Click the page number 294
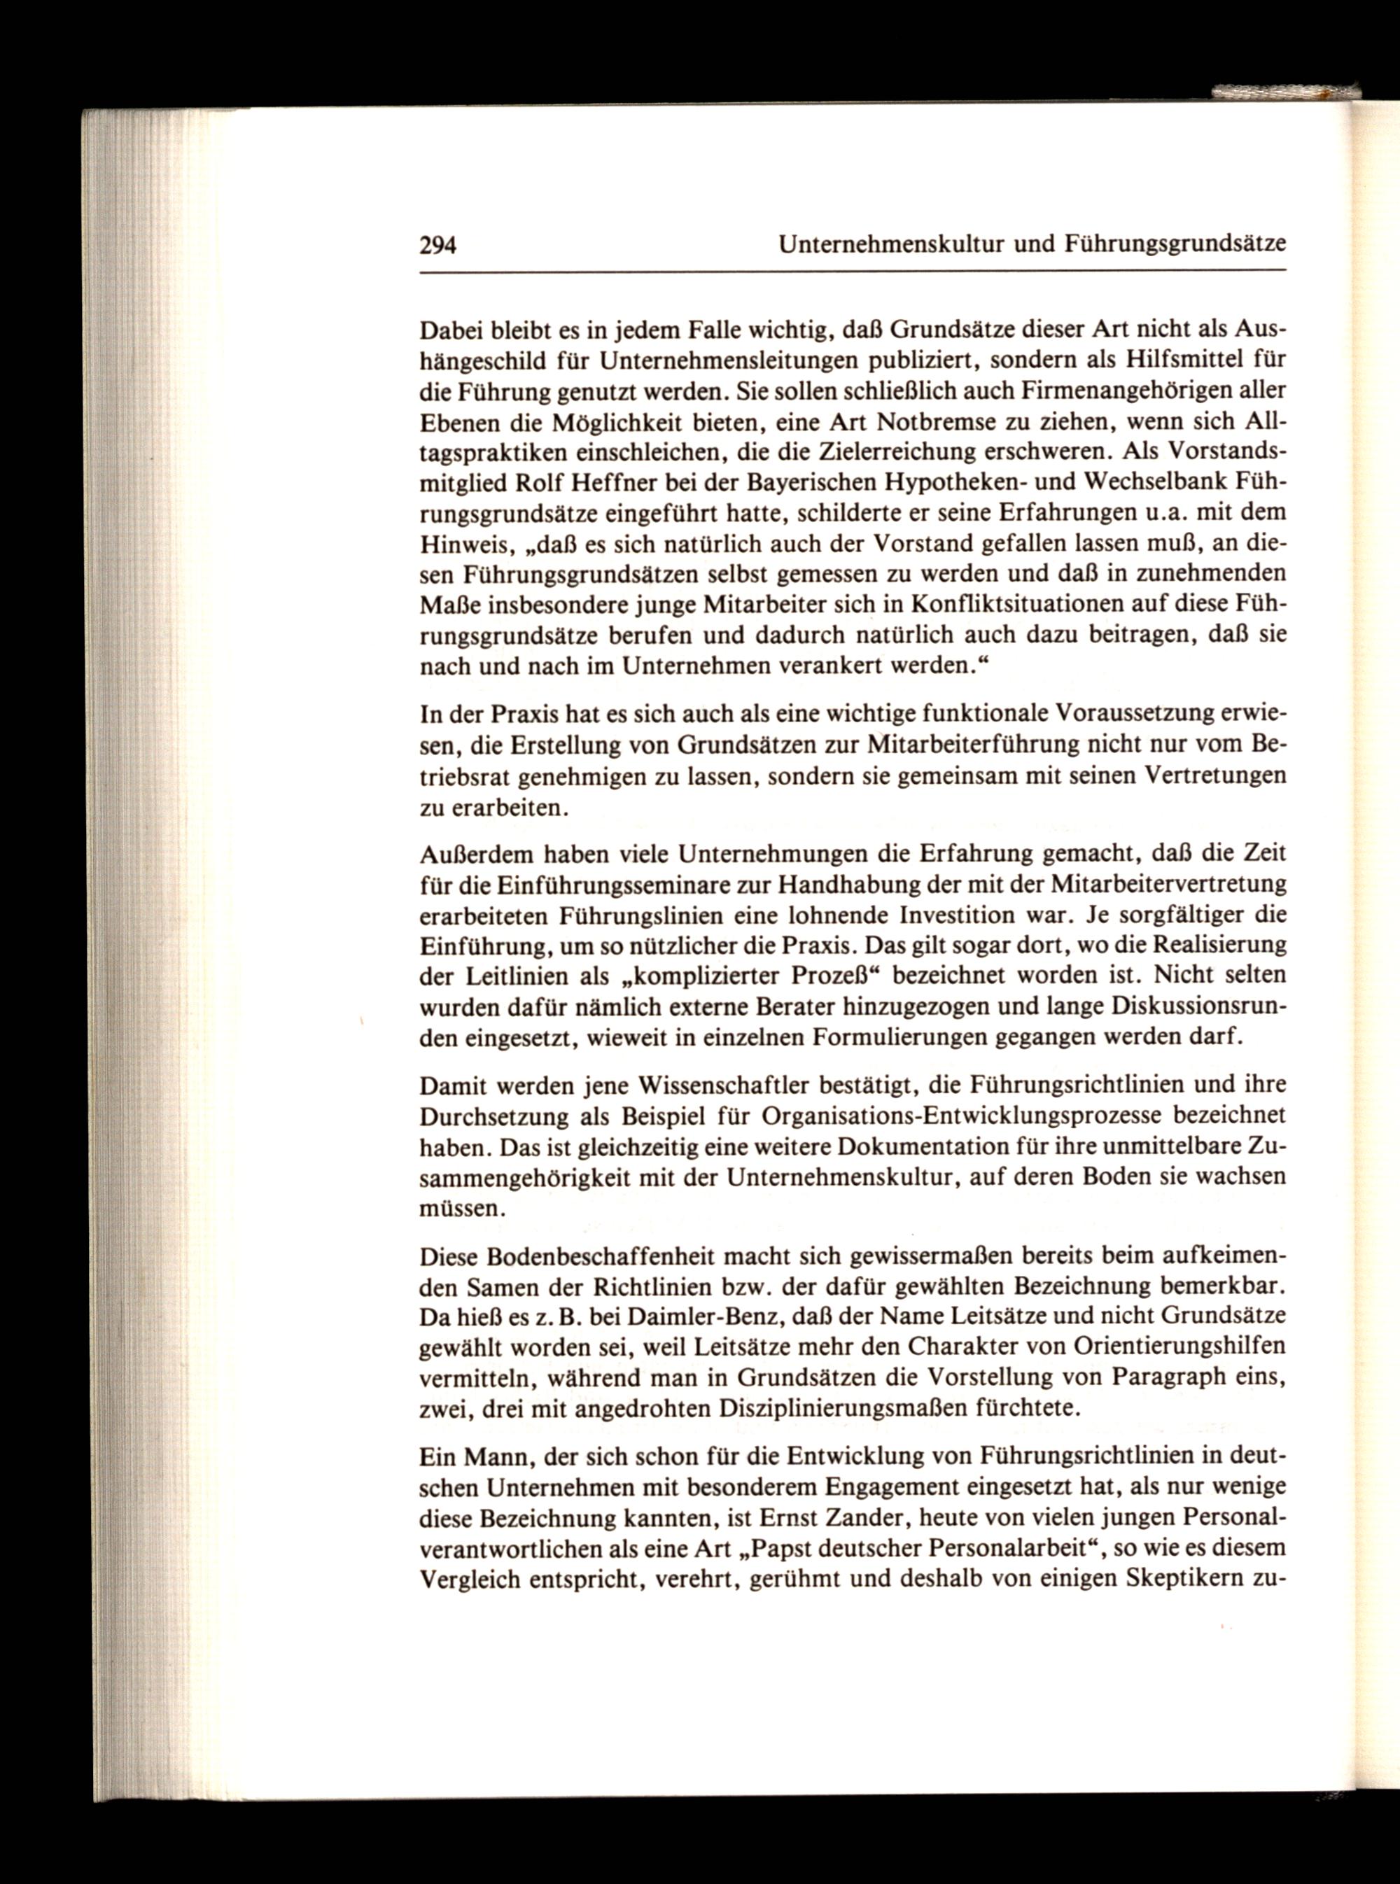(x=438, y=245)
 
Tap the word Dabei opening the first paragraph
(x=447, y=329)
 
